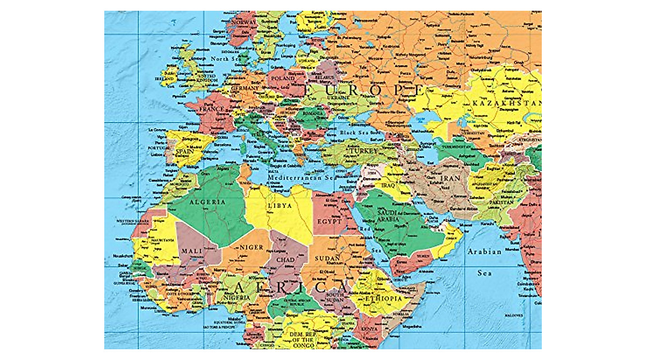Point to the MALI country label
click(x=191, y=251)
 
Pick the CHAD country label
click(x=285, y=260)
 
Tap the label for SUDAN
click(x=327, y=258)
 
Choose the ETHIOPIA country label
click(x=383, y=298)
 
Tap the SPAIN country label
click(x=184, y=152)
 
